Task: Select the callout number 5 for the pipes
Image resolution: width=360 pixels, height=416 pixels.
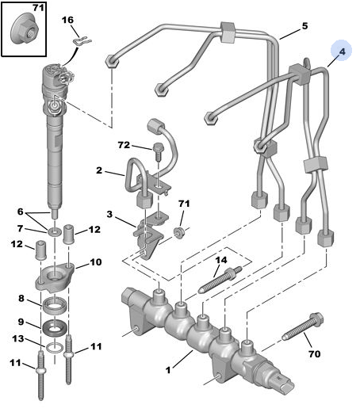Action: coord(304,27)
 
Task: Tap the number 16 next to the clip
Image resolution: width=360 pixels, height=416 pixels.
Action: coord(67,19)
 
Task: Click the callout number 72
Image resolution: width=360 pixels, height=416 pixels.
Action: coord(123,146)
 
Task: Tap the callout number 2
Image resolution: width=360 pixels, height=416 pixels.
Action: coord(99,170)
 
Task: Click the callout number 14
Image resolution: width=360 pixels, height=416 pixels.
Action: coord(221,259)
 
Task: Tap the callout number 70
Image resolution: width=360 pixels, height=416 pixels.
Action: coord(314,354)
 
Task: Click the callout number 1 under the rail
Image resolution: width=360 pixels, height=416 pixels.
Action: coord(167,368)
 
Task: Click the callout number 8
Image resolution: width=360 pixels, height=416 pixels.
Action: coord(22,300)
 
